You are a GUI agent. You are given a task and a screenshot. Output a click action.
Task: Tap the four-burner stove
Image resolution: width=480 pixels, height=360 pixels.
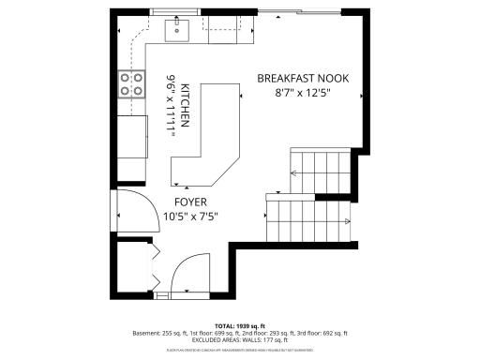pos(131,84)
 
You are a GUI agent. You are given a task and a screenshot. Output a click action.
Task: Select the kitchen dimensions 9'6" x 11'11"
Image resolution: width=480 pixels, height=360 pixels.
pos(172,108)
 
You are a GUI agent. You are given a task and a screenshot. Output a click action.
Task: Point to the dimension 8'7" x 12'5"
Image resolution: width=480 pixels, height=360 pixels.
pos(303,94)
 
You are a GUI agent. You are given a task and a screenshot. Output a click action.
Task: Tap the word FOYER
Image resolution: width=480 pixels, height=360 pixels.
pos(190,202)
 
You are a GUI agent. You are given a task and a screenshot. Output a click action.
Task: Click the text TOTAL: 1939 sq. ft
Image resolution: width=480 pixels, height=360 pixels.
pos(240,324)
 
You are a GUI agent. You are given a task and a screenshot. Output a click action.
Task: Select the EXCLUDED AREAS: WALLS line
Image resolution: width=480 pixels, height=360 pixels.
pos(240,340)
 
